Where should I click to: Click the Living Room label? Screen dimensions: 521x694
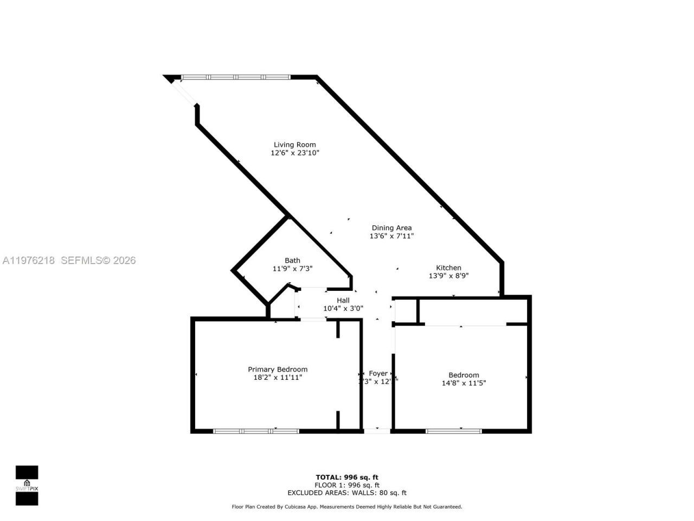pos(294,145)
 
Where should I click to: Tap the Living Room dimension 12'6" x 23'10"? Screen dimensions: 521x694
pos(295,153)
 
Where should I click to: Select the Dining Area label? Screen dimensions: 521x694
pos(391,228)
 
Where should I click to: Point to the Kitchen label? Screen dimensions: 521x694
pos(449,268)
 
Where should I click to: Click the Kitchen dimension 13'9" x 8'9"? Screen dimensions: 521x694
pos(449,276)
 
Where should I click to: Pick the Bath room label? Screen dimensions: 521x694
pos(292,260)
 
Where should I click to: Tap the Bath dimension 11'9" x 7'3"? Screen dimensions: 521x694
pos(292,269)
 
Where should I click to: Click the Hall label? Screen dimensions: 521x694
pos(343,300)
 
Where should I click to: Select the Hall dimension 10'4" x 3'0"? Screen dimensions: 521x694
pos(343,308)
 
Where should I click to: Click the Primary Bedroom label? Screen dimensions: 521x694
pos(278,370)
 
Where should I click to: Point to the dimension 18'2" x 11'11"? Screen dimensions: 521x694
pos(278,378)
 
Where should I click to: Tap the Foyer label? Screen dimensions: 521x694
pos(378,373)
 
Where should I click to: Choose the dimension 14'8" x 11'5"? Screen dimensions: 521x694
pos(464,383)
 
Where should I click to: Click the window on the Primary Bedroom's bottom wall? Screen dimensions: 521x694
pos(256,431)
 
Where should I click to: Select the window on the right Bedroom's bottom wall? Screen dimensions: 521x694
pos(454,431)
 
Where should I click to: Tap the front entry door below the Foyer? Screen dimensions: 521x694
pos(377,431)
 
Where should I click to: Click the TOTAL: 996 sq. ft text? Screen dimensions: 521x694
pos(347,478)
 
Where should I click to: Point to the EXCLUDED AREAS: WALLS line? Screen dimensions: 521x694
pos(347,493)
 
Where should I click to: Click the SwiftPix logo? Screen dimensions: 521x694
pos(27,485)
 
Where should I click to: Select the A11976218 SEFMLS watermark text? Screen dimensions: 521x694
pos(69,260)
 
